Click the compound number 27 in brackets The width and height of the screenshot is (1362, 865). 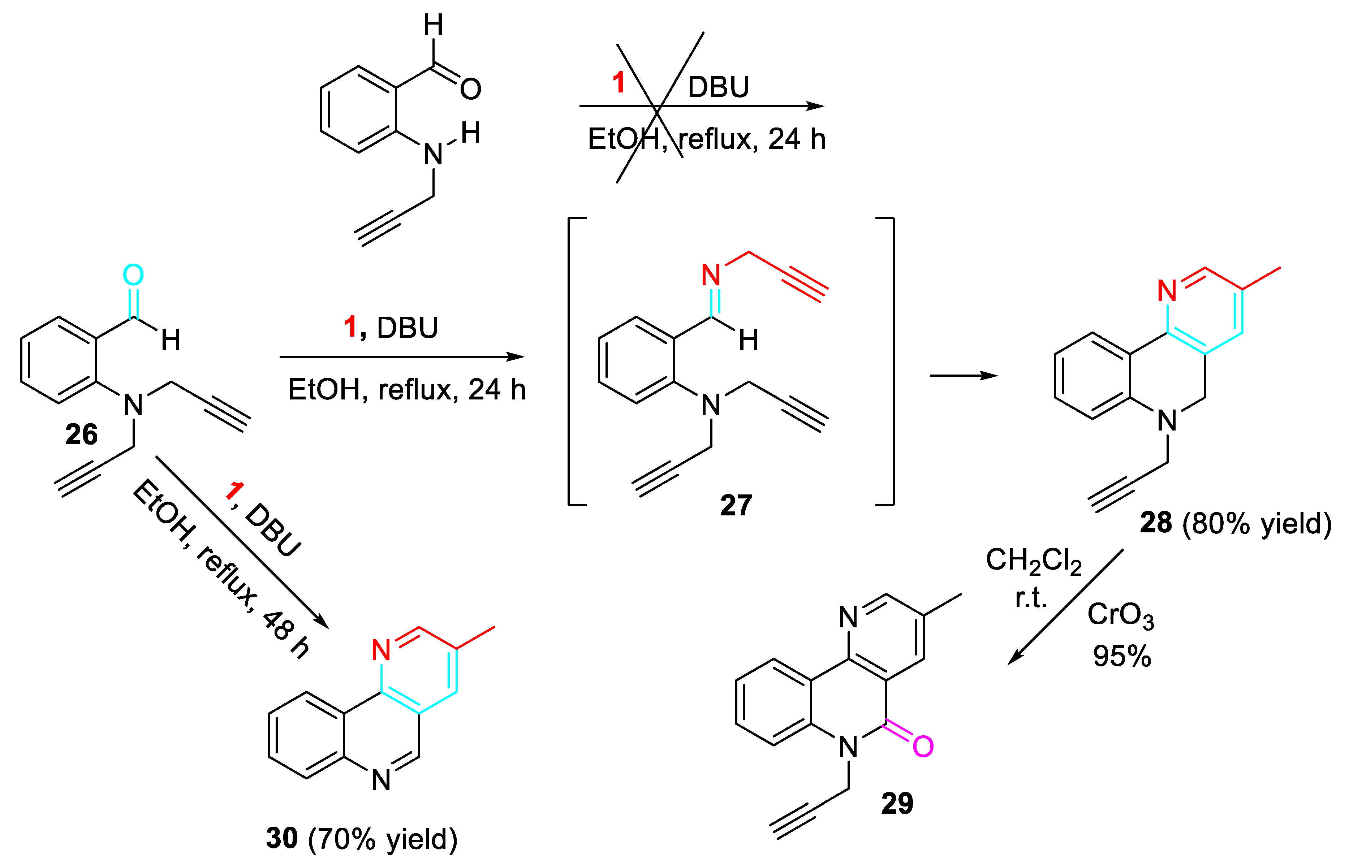(x=735, y=505)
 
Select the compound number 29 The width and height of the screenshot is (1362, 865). (x=897, y=803)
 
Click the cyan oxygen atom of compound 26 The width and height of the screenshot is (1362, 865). (x=133, y=275)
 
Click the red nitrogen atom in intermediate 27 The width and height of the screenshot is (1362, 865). (x=711, y=275)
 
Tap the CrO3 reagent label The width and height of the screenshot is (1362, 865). (x=1120, y=615)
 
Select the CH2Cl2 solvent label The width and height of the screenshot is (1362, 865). (x=1033, y=561)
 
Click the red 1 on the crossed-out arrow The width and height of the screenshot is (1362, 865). (x=619, y=83)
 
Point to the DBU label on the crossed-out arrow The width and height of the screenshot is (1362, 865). (x=718, y=87)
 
